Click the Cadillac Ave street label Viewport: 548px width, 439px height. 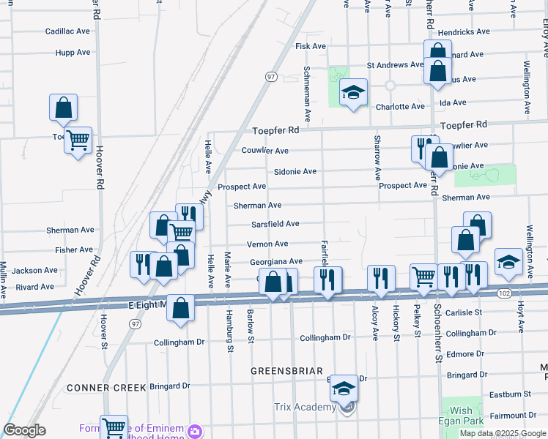pyautogui.click(x=67, y=32)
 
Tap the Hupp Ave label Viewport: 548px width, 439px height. pyautogui.click(x=73, y=53)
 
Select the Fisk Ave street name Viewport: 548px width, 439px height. pyautogui.click(x=310, y=46)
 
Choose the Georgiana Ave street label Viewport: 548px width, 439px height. pyautogui.click(x=275, y=261)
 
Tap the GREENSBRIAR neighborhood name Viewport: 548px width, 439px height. pyautogui.click(x=282, y=370)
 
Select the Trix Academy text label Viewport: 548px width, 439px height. pyautogui.click(x=303, y=407)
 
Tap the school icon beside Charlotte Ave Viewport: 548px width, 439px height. pyautogui.click(x=353, y=93)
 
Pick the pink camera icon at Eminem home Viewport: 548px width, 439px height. pyautogui.click(x=195, y=430)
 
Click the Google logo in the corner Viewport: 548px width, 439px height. pyautogui.click(x=25, y=430)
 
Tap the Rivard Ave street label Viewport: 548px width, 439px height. pyautogui.click(x=35, y=288)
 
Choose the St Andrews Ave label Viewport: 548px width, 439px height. pyautogui.click(x=395, y=64)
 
